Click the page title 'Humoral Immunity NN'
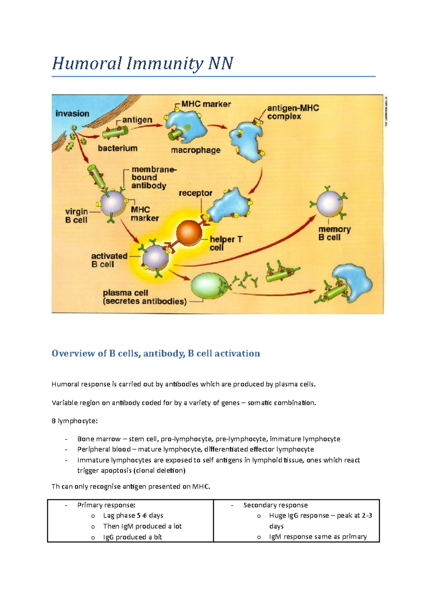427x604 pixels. pos(142,64)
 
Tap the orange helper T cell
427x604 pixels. pos(189,232)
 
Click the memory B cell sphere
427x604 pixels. pos(329,204)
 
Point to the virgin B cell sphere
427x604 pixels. pos(113,203)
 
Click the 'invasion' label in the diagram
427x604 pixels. pos(72,114)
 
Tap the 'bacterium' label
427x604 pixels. pos(117,148)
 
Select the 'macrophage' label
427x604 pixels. pos(196,150)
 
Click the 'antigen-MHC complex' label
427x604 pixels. pos(293,112)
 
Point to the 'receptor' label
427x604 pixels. pos(195,193)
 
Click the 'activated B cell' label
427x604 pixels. pos(109,260)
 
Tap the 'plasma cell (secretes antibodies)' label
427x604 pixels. pos(144,297)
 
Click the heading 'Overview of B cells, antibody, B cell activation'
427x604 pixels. pos(156,353)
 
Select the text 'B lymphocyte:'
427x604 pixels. pos(74,421)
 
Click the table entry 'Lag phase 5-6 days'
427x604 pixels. pos(133,515)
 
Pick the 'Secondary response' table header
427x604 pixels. pos(275,505)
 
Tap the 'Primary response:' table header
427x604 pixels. pos(106,505)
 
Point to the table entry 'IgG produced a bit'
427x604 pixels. pos(132,537)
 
